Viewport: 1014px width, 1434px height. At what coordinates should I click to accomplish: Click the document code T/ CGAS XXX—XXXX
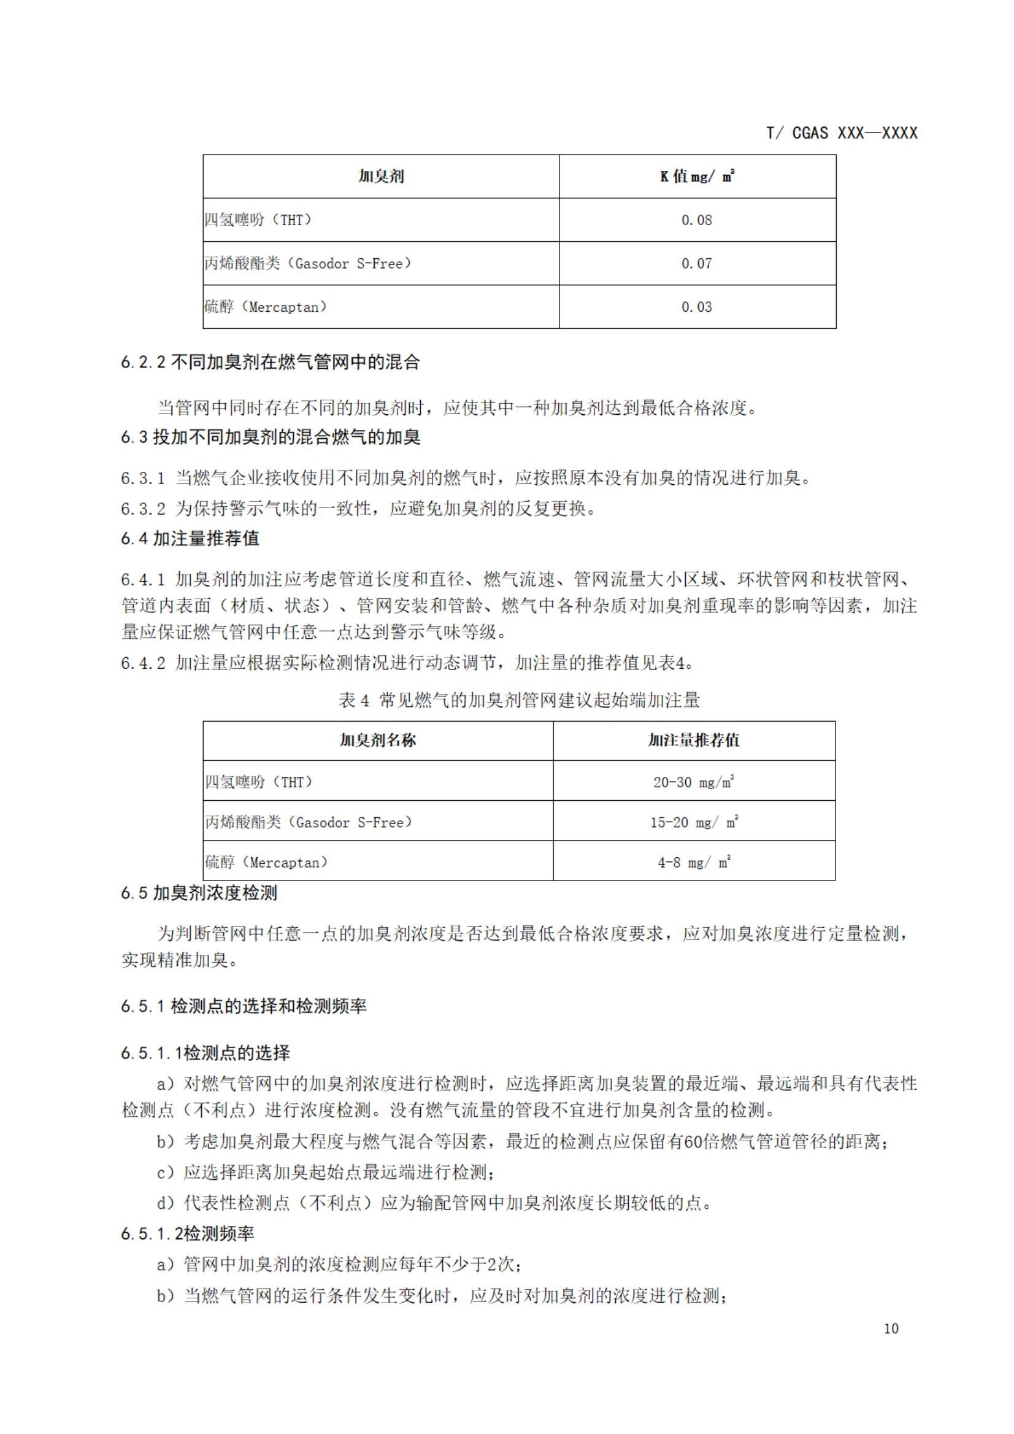(842, 133)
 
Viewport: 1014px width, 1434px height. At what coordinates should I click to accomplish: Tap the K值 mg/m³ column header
(697, 177)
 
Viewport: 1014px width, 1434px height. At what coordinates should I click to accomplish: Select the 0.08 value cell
(696, 220)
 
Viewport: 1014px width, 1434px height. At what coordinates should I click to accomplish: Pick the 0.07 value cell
(696, 264)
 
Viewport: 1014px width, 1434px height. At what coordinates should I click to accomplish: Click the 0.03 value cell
(696, 307)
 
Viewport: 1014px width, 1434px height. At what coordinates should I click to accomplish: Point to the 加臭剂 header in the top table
(381, 177)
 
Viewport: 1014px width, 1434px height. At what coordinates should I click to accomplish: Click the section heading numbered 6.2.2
(271, 362)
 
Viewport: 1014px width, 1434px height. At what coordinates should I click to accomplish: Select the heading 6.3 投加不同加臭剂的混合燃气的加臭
(271, 437)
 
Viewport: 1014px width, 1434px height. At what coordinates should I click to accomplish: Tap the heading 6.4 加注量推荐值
(190, 538)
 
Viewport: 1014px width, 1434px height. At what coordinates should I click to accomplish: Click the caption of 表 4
(519, 700)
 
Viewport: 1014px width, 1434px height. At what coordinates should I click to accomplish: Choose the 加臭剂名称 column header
(378, 741)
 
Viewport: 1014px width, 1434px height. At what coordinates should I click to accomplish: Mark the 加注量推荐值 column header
(694, 741)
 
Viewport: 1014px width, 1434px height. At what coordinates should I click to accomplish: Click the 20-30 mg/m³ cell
(694, 782)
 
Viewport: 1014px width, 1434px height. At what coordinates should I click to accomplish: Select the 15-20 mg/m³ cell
(694, 823)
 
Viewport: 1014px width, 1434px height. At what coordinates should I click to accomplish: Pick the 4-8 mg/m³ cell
(694, 863)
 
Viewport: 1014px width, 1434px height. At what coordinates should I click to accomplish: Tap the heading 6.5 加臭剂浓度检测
(199, 893)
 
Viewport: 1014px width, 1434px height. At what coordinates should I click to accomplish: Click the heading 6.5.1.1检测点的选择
(205, 1053)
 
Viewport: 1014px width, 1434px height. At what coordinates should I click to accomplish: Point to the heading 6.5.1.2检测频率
(187, 1233)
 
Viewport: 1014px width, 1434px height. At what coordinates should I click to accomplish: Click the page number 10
(891, 1328)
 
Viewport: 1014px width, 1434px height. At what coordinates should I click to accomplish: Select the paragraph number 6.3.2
(143, 509)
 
